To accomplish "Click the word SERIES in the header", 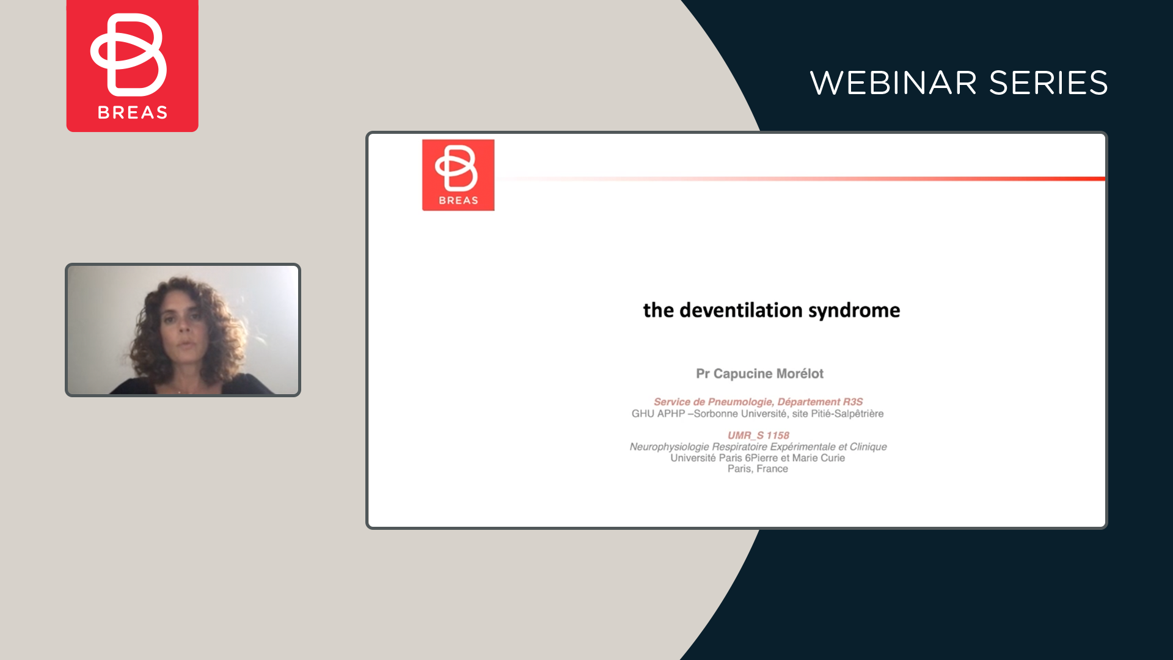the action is (1048, 83).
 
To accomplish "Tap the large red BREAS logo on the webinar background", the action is (133, 65).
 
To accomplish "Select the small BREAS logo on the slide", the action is (458, 175).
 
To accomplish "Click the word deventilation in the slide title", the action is (741, 310).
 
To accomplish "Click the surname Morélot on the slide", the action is (800, 373).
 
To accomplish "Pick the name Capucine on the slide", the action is (742, 373).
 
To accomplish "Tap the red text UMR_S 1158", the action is (758, 435).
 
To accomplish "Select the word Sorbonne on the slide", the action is (716, 414).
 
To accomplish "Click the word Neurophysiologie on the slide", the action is (670, 447).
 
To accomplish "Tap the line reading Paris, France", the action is (758, 469).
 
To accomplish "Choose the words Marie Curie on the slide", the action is (819, 458).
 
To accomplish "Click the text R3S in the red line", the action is (853, 402).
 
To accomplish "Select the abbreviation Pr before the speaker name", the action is (703, 373).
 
